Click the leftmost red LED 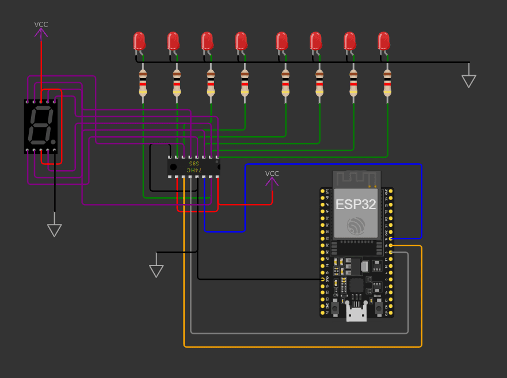point(139,41)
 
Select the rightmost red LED point(384,41)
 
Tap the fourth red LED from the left point(241,41)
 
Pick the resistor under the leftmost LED point(143,83)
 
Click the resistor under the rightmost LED point(387,83)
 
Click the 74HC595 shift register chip point(193,167)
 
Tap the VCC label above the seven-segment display point(41,25)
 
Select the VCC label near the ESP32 point(272,173)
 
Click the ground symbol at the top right point(469,80)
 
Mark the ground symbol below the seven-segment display point(55,230)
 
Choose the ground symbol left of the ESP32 point(157,271)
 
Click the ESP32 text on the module point(356,205)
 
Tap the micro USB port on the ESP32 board point(356,314)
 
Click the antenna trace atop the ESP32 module point(356,179)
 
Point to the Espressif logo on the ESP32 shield point(356,226)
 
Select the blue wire point(334,165)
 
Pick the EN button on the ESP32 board point(334,308)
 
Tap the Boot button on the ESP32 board point(379,308)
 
